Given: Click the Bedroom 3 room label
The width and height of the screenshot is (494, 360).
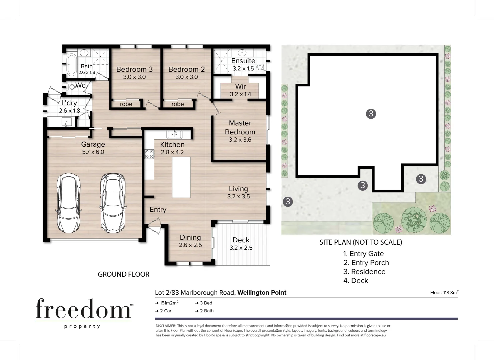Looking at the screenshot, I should click(134, 69).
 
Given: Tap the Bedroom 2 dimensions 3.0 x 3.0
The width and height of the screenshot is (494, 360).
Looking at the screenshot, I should click(186, 77).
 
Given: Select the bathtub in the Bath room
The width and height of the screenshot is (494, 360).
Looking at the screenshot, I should click(71, 65).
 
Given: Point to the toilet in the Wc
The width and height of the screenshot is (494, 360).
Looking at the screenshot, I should click(71, 87).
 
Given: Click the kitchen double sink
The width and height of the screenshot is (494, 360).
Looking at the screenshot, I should click(174, 134).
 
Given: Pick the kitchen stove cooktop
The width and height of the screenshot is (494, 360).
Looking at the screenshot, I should click(149, 154).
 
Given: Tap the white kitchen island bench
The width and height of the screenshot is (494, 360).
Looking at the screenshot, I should click(181, 177).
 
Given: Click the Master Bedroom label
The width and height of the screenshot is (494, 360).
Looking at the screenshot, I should click(240, 128).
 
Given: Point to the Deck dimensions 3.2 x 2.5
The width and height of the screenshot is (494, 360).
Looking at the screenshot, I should click(241, 248).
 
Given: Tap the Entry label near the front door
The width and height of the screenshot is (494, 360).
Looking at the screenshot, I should click(158, 210).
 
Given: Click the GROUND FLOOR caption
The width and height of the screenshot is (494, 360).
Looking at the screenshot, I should click(123, 274).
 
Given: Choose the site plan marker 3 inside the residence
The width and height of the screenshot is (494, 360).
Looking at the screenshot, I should click(371, 114).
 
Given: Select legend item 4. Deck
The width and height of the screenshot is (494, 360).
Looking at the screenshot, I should click(356, 281).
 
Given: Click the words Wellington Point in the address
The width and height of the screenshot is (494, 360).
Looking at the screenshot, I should click(262, 293).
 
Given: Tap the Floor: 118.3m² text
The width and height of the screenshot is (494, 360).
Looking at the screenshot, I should click(444, 293).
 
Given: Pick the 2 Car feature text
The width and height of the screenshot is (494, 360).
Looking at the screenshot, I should click(165, 311).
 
